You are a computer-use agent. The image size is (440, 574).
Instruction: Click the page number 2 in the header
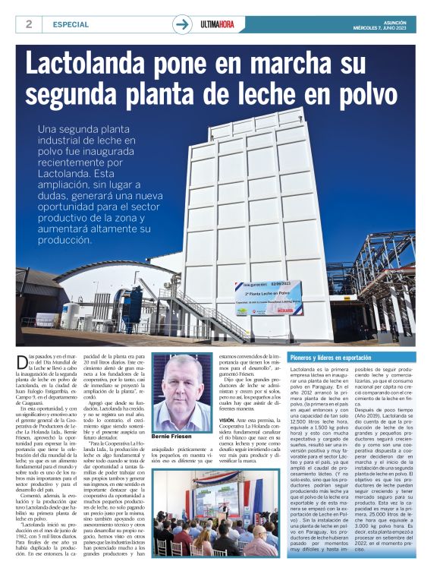pos(29,24)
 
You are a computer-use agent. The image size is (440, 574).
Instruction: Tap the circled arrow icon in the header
pos(182,24)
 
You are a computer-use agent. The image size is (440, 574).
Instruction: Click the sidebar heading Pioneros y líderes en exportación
pos(331,357)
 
